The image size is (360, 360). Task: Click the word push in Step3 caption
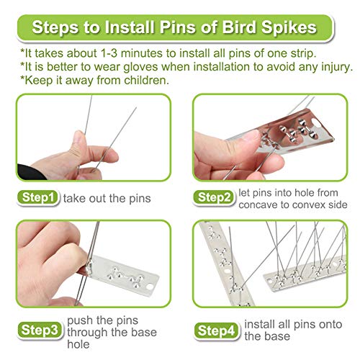tap(80, 319)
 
